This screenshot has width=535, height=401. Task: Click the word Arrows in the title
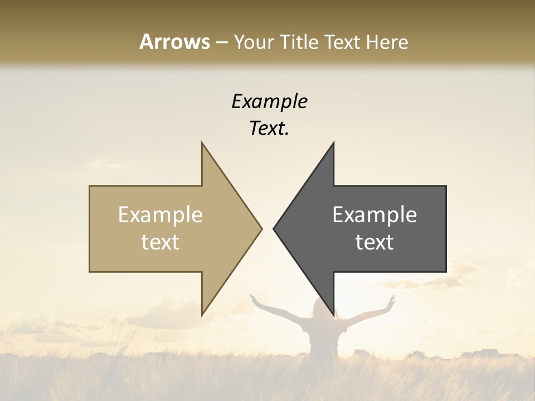(x=175, y=42)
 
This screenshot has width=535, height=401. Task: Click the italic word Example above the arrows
(x=269, y=101)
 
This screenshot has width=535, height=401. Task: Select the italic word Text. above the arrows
(x=269, y=128)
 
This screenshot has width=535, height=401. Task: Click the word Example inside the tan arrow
(x=160, y=215)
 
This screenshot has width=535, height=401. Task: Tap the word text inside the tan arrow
(x=160, y=242)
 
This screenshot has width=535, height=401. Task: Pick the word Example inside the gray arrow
(x=374, y=215)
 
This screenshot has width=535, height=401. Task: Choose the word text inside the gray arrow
(x=374, y=242)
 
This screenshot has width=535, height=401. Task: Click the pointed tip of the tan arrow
(x=261, y=228)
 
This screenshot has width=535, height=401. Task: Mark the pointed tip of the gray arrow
(x=274, y=228)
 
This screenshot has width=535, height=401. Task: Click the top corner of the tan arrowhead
(x=202, y=144)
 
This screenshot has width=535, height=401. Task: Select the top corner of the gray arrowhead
(x=333, y=144)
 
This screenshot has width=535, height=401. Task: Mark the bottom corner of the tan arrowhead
(x=202, y=314)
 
